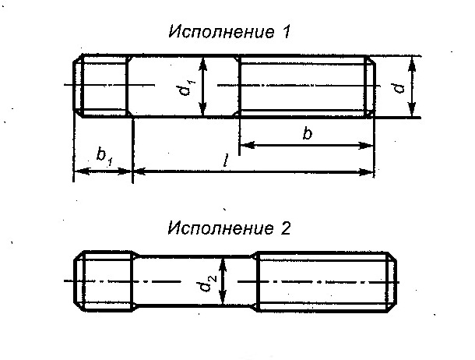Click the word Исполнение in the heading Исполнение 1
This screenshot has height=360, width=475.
pos(221,31)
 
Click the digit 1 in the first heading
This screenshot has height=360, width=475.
pos(286,31)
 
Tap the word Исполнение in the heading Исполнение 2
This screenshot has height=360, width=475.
pos(220,228)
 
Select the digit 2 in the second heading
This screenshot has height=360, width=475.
pos(285,228)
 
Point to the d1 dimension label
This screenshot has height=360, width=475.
pos(186,87)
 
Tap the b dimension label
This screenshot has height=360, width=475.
pos(307,133)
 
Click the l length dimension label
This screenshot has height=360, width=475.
pos(225,161)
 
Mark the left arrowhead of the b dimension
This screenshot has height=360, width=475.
pos(246,145)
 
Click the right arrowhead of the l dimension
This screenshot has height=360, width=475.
pos(366,172)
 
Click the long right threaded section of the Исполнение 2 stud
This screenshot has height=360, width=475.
pos(326,281)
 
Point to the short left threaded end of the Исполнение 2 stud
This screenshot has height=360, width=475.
pos(104,281)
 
